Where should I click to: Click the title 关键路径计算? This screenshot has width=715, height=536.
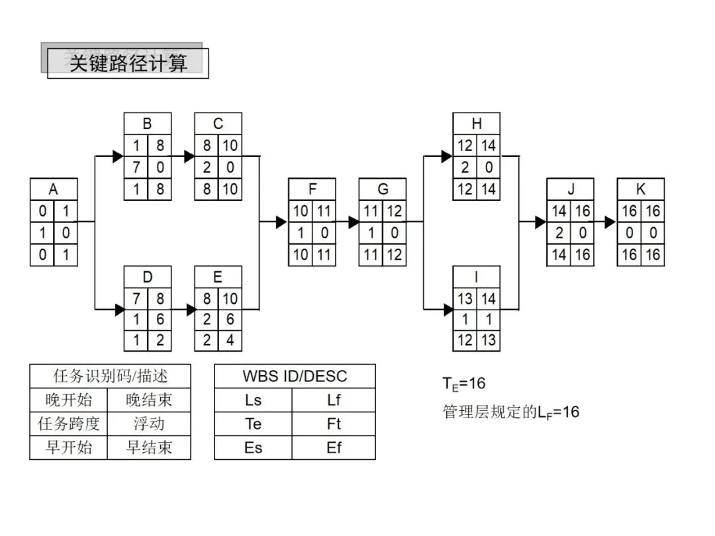click(128, 64)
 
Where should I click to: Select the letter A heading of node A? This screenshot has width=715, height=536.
click(54, 190)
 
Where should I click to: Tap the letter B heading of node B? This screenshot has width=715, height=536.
click(147, 124)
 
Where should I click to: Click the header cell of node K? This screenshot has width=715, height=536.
click(640, 190)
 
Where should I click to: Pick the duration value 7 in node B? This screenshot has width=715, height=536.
click(135, 167)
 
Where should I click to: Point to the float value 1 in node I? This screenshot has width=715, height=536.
click(488, 320)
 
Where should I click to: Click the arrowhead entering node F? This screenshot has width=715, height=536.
click(281, 222)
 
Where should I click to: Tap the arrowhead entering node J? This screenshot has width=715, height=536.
click(540, 222)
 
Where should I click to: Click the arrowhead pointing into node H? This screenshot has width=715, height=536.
click(447, 157)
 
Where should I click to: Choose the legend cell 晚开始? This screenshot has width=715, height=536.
click(70, 400)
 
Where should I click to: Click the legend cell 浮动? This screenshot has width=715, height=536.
click(150, 424)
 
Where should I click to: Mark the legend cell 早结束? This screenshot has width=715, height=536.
click(150, 447)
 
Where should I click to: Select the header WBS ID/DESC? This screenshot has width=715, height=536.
click(295, 377)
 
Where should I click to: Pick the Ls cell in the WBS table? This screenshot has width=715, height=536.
click(254, 400)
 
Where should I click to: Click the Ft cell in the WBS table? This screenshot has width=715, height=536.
click(334, 424)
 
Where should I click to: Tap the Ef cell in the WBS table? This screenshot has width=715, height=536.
click(334, 447)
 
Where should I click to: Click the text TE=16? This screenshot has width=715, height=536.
click(464, 384)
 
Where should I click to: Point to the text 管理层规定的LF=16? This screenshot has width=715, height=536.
click(510, 412)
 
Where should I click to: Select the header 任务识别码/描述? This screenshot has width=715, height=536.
click(110, 377)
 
